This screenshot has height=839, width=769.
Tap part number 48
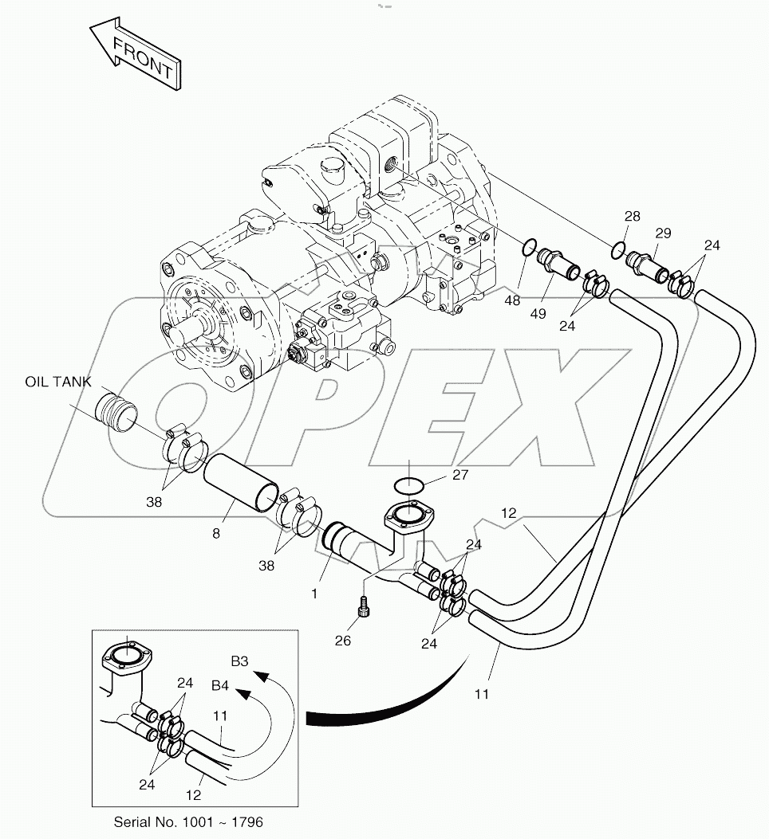(513, 300)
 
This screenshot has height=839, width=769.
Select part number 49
(538, 313)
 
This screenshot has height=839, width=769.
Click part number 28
(632, 217)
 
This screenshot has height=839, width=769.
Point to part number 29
(663, 233)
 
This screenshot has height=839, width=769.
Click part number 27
(459, 475)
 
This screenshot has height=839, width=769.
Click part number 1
(314, 593)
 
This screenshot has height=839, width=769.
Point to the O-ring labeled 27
(408, 484)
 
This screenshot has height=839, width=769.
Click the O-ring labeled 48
(528, 249)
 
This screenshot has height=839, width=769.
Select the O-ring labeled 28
(618, 250)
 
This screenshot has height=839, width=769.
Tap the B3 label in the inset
(240, 661)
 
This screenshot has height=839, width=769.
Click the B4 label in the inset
(221, 684)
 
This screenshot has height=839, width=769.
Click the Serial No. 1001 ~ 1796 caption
(188, 821)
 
